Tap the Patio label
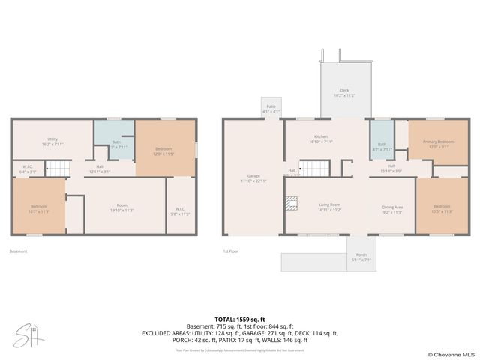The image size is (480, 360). pyautogui.click(x=270, y=108)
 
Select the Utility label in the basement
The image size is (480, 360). pyautogui.click(x=52, y=139)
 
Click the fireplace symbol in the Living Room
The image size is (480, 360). pyautogui.click(x=290, y=202)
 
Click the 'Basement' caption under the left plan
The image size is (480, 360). pyautogui.click(x=19, y=251)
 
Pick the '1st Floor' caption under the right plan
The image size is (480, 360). pyautogui.click(x=230, y=251)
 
